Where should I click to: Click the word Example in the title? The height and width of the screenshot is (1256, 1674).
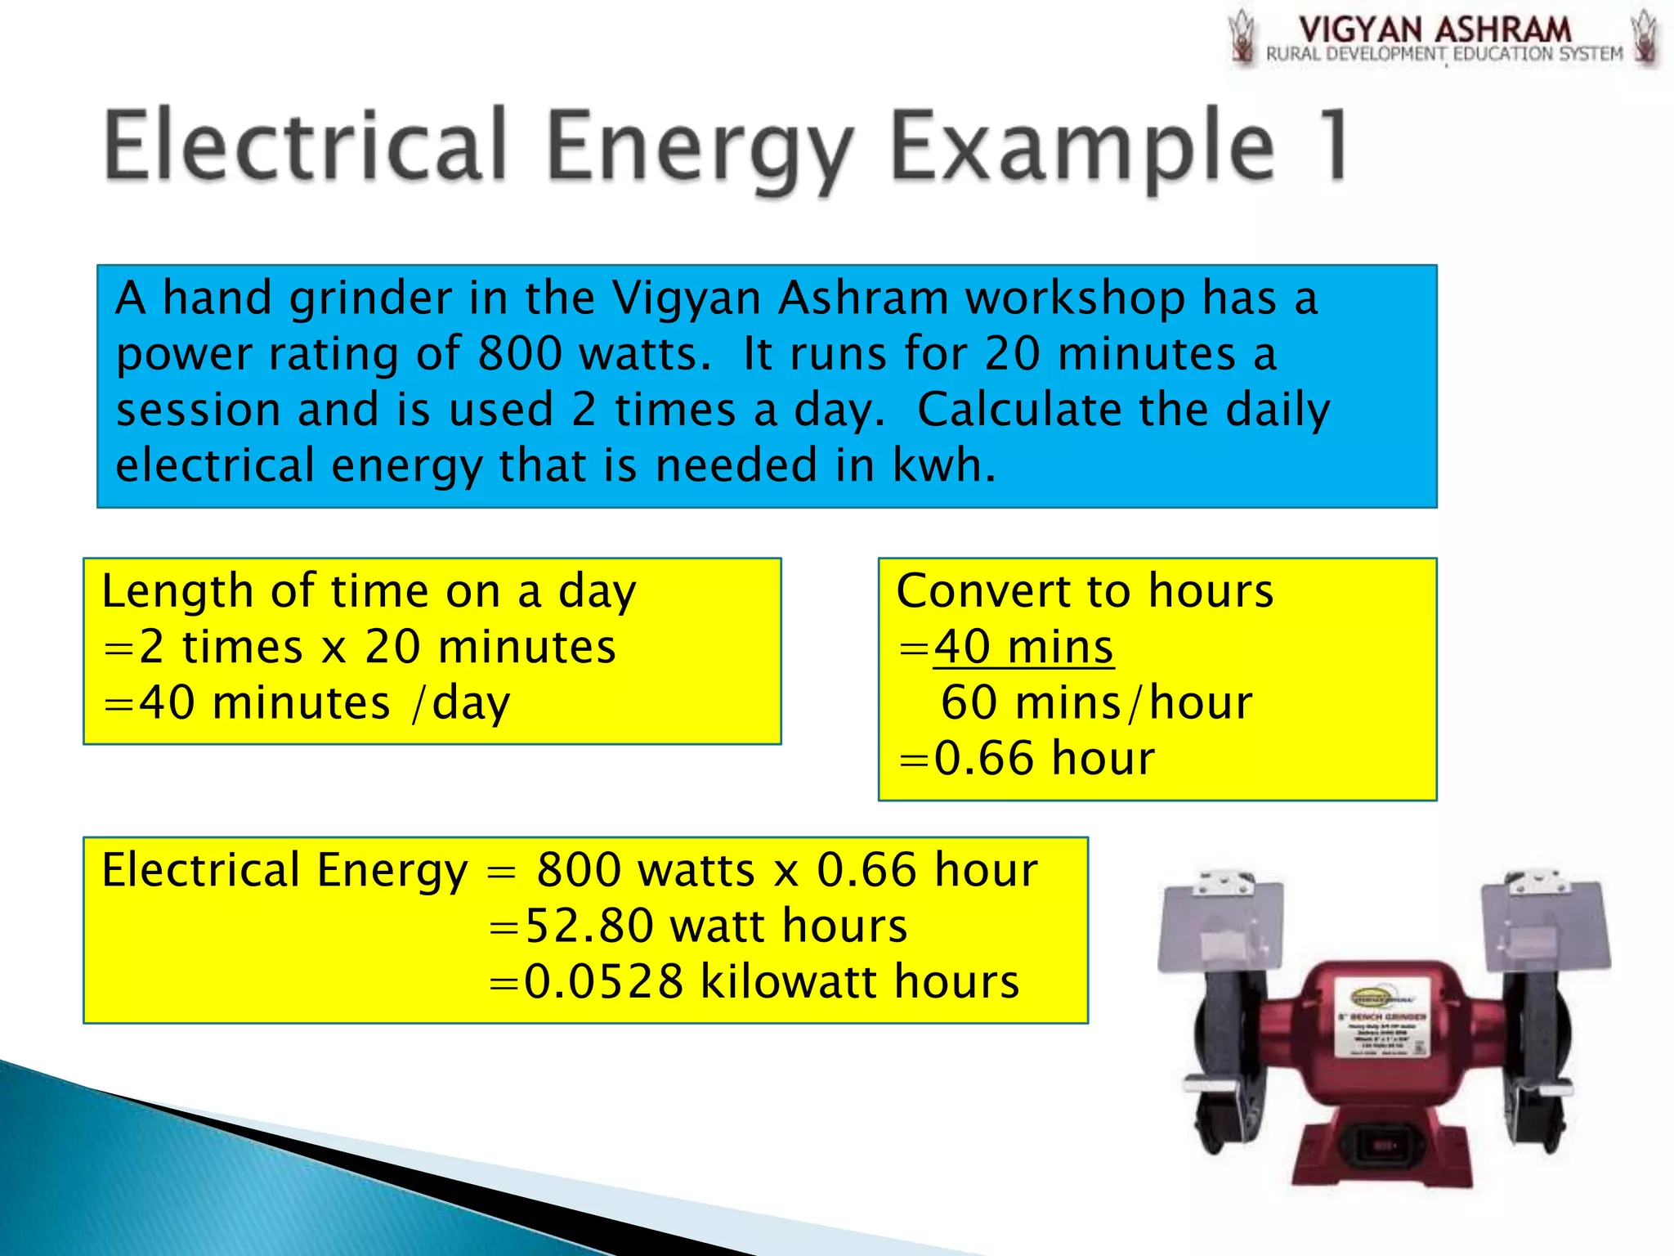tap(1081, 147)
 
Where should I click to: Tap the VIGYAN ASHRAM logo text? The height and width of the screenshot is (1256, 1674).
tap(1435, 30)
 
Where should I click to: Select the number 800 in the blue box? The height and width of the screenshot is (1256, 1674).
tap(521, 354)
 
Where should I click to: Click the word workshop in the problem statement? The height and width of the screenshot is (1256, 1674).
tap(1075, 298)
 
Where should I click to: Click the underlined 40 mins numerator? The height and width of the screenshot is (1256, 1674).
tap(1023, 647)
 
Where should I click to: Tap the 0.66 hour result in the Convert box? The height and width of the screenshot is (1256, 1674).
tap(1044, 758)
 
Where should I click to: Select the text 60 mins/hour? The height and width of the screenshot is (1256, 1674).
tap(1096, 702)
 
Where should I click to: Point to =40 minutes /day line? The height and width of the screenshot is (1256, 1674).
tap(307, 703)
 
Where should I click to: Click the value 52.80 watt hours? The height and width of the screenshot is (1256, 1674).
tap(715, 926)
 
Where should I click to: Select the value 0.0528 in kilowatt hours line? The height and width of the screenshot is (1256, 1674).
tap(603, 981)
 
